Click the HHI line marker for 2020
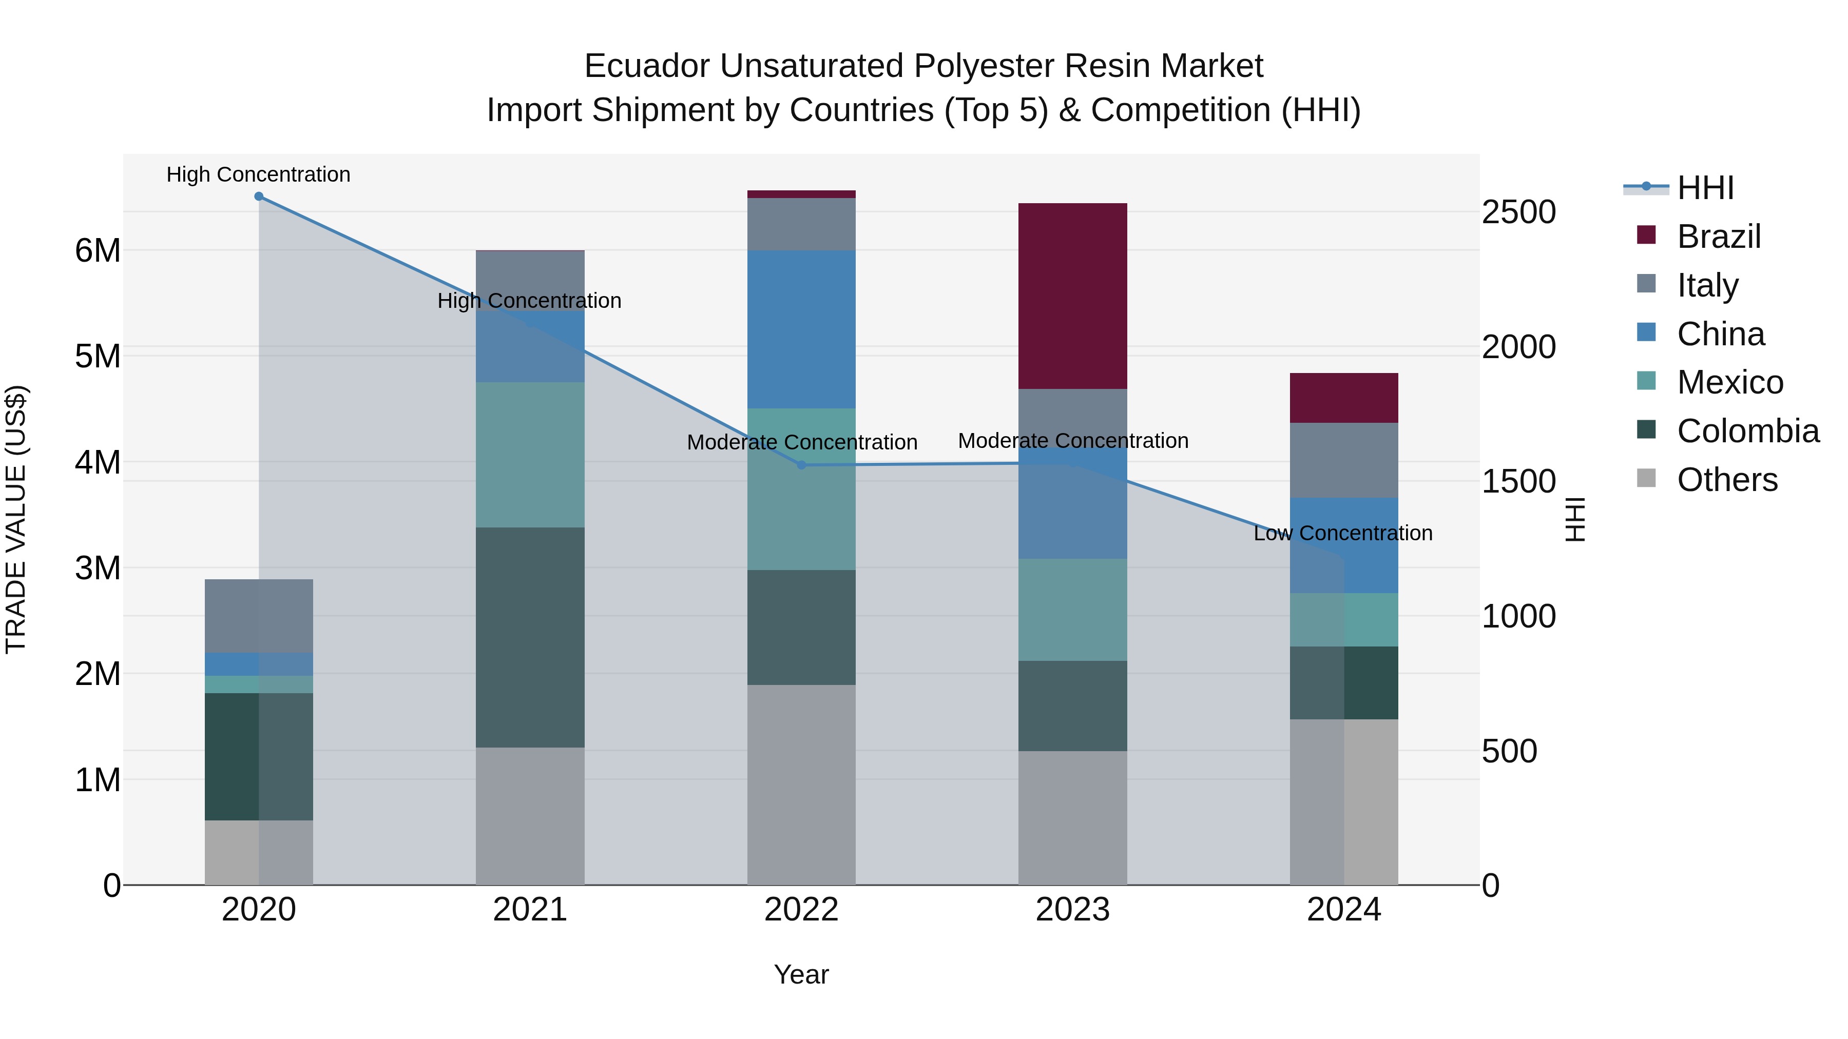259,197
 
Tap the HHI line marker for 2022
802,465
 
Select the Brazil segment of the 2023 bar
1072,296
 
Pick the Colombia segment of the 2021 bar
530,637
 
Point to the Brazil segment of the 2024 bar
1344,398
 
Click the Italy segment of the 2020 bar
259,616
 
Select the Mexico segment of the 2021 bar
530,455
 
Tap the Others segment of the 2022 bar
801,785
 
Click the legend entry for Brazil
1718,237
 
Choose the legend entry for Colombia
1747,431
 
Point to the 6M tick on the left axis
98,251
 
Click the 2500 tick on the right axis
1519,212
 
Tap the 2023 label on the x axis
1072,910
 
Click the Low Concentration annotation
1343,534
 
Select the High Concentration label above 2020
258,175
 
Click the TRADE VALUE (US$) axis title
16,519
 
